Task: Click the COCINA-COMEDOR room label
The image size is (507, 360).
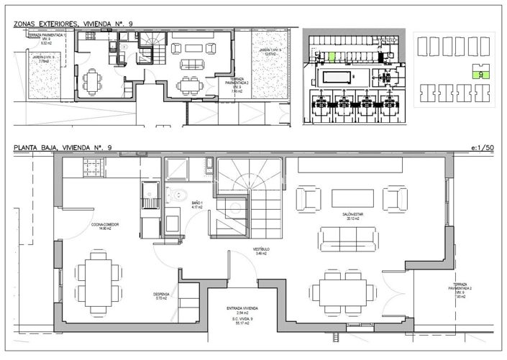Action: [x=104, y=226]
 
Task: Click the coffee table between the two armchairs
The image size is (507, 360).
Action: [x=351, y=198]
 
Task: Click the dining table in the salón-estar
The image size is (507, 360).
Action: [x=342, y=292]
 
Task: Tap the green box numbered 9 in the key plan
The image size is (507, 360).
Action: [x=480, y=73]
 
